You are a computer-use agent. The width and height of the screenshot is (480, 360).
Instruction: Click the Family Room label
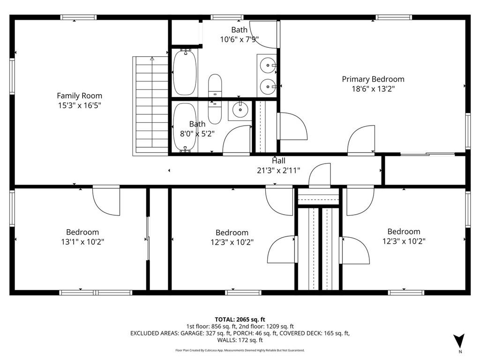pyautogui.click(x=79, y=96)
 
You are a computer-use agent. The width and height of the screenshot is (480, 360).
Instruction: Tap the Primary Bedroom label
pyautogui.click(x=373, y=79)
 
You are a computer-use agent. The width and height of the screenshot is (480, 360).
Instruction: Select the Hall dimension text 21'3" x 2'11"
pyautogui.click(x=278, y=171)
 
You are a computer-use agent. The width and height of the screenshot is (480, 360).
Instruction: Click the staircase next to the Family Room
pyautogui.click(x=150, y=106)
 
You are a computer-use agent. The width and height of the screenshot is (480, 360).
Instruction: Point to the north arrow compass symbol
pyautogui.click(x=459, y=341)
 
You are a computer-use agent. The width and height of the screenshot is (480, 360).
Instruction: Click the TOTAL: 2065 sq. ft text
pyautogui.click(x=240, y=320)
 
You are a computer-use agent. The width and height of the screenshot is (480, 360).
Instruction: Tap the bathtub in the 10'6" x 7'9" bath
pyautogui.click(x=185, y=73)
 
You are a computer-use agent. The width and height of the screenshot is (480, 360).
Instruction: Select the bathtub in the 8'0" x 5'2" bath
pyautogui.click(x=185, y=127)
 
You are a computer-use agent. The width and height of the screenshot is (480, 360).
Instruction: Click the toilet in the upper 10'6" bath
pyautogui.click(x=215, y=86)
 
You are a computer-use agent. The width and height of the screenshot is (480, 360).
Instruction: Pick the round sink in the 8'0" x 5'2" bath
pyautogui.click(x=240, y=109)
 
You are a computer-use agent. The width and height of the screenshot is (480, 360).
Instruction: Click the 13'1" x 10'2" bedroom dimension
pyautogui.click(x=82, y=242)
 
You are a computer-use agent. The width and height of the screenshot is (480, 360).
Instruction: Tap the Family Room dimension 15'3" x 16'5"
pyautogui.click(x=80, y=105)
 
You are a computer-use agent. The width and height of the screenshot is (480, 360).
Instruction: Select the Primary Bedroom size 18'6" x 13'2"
pyautogui.click(x=373, y=89)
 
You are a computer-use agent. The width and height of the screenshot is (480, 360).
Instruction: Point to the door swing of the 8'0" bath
pyautogui.click(x=236, y=139)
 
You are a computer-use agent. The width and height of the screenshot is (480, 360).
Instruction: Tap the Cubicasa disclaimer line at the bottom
pyautogui.click(x=240, y=350)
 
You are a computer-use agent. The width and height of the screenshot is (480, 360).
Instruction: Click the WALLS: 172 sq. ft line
pyautogui.click(x=240, y=340)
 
